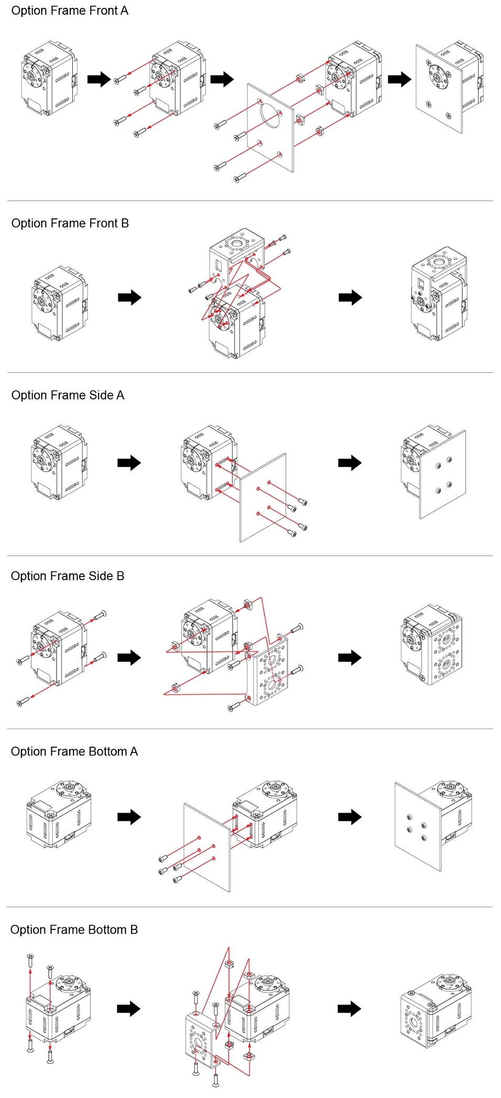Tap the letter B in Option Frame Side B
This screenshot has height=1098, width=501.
[x=121, y=576]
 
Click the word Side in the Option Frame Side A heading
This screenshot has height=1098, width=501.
[x=101, y=395]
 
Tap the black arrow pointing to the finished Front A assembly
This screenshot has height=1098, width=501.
[x=400, y=80]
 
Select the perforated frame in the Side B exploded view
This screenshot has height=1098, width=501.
[x=268, y=671]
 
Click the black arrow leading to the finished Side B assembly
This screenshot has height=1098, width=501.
[x=350, y=658]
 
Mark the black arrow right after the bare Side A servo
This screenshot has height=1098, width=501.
[x=129, y=463]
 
